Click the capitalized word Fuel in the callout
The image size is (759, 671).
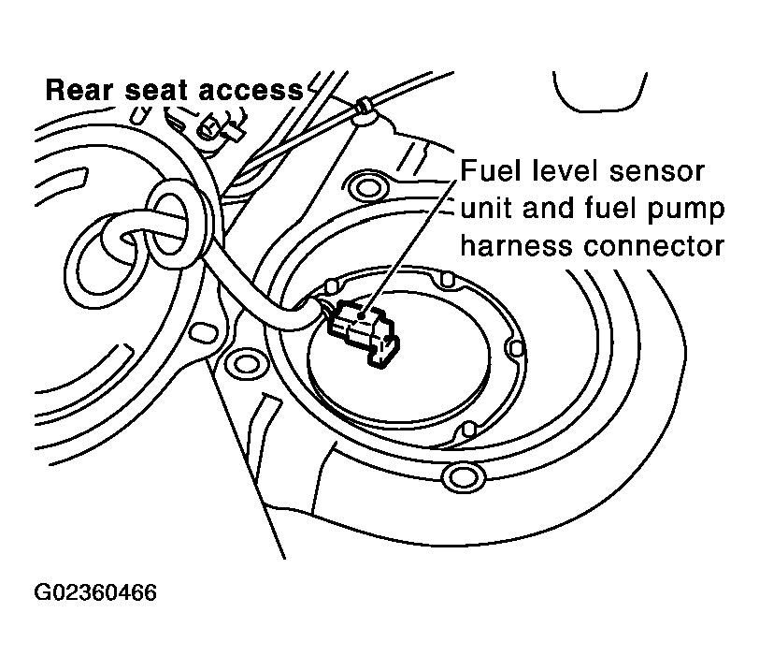[x=486, y=172]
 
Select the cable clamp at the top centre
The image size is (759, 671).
[x=363, y=111]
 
